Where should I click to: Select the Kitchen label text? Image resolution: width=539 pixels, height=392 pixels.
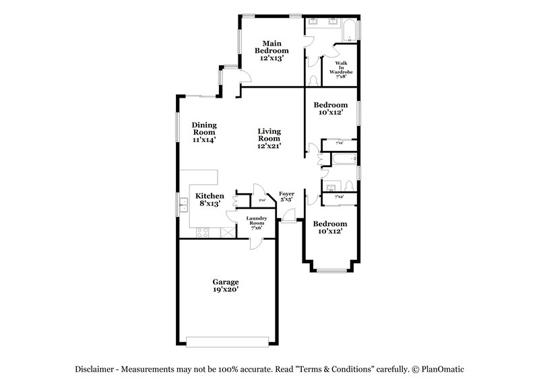[210, 199]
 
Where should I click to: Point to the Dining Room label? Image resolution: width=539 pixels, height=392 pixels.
[203, 132]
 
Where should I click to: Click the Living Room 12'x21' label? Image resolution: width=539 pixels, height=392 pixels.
[269, 138]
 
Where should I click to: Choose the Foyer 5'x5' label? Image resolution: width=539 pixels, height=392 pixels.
[286, 196]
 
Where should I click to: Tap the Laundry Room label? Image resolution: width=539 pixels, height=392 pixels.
[257, 222]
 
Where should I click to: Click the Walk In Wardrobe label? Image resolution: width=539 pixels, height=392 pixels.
[341, 69]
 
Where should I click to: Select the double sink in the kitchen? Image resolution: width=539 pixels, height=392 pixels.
[183, 203]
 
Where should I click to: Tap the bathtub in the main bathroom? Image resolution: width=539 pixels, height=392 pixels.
[349, 30]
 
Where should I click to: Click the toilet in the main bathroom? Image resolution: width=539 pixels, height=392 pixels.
[313, 80]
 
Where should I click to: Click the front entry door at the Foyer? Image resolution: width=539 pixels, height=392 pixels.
[288, 215]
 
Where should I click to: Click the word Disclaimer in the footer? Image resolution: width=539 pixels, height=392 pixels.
[98, 368]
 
